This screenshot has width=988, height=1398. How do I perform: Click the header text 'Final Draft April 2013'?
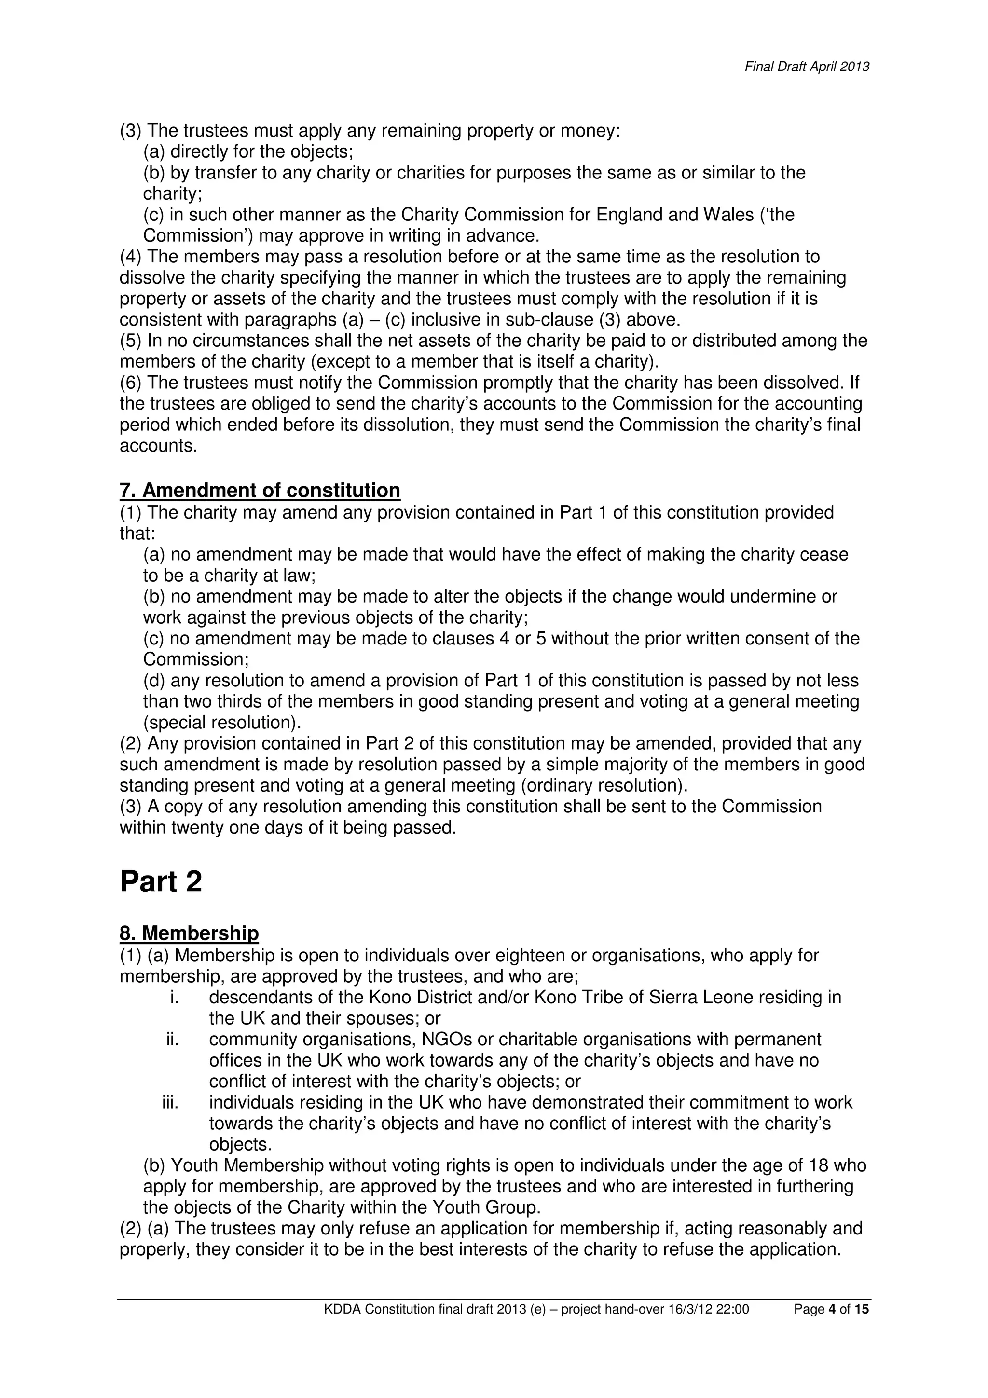[807, 67]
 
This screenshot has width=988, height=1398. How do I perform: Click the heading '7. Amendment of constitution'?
[260, 490]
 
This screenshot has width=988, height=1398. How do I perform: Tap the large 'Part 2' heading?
[161, 882]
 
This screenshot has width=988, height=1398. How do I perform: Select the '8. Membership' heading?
[189, 933]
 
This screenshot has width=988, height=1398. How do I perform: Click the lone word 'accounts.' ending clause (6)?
[158, 446]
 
